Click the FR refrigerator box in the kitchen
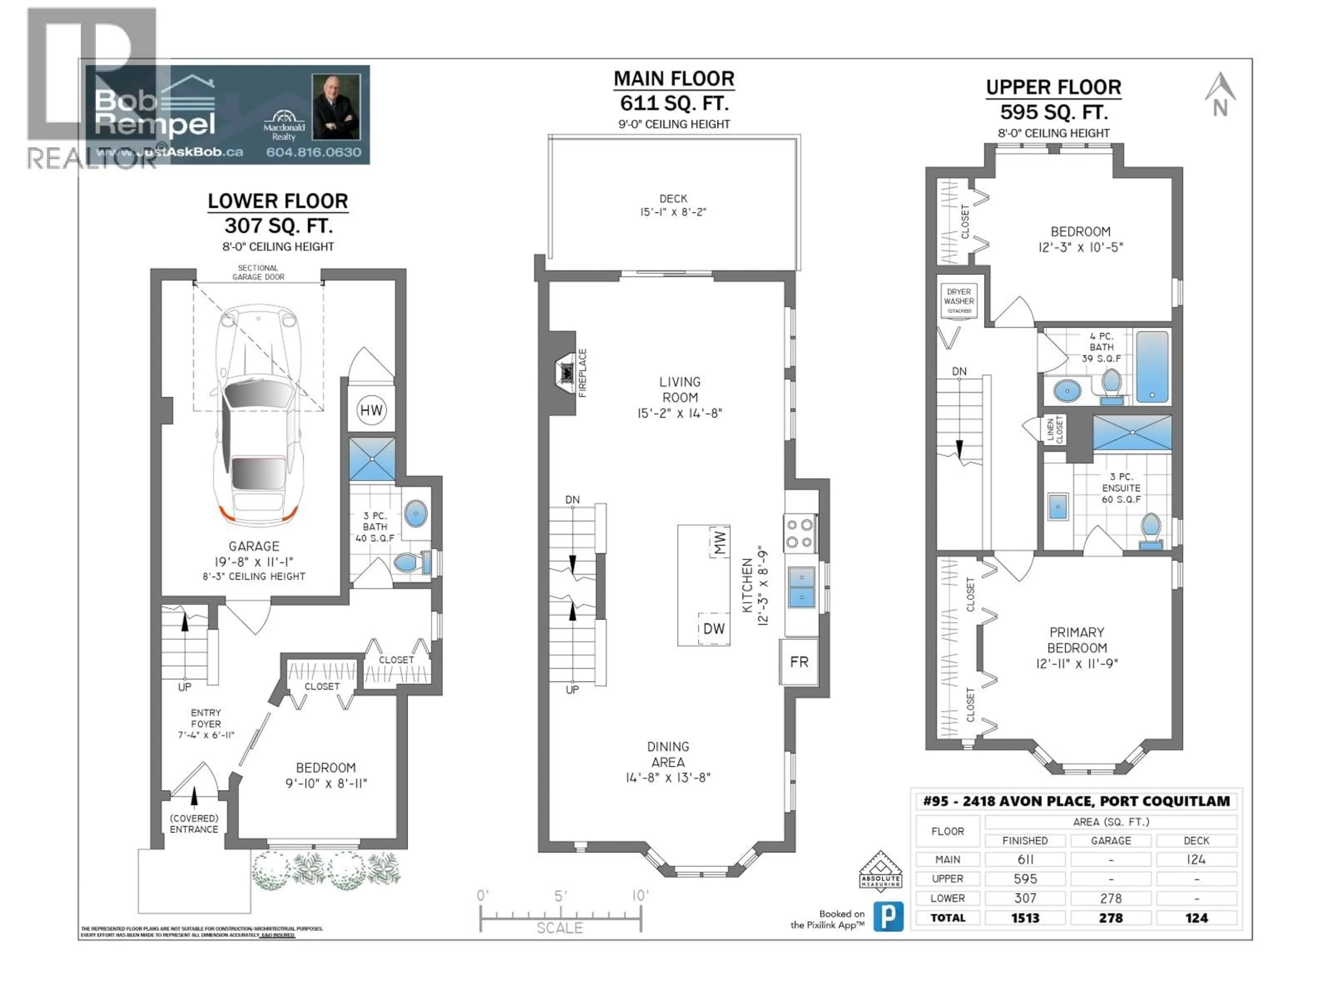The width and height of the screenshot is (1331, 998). click(x=799, y=662)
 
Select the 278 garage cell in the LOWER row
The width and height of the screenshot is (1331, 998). click(x=1111, y=898)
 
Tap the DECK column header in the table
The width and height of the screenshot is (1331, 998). click(x=1196, y=840)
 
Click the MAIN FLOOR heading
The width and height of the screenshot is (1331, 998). click(x=674, y=79)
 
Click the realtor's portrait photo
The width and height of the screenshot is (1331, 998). click(x=336, y=107)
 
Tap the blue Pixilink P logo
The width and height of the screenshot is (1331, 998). click(x=888, y=916)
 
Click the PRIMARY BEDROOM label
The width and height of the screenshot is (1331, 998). click(x=1077, y=640)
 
